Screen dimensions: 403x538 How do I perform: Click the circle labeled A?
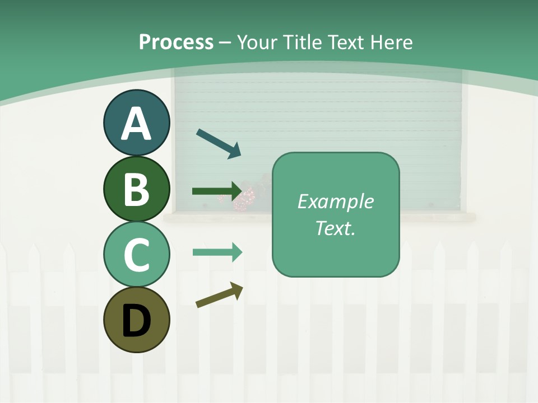[136, 123]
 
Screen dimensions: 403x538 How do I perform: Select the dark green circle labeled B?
[136, 189]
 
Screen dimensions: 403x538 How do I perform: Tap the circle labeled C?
[136, 255]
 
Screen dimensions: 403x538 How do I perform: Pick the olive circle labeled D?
[136, 320]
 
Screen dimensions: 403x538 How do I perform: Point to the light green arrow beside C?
[217, 252]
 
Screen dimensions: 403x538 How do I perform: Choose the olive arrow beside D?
[220, 295]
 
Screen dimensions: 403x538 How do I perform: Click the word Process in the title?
[176, 42]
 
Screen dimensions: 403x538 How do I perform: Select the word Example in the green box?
[335, 201]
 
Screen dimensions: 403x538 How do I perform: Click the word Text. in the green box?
[335, 228]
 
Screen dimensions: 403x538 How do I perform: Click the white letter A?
[136, 124]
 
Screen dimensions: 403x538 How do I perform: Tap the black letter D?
[136, 321]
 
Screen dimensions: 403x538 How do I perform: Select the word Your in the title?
[256, 42]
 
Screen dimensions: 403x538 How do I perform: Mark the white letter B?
[136, 189]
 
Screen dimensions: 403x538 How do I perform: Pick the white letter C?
[136, 255]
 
